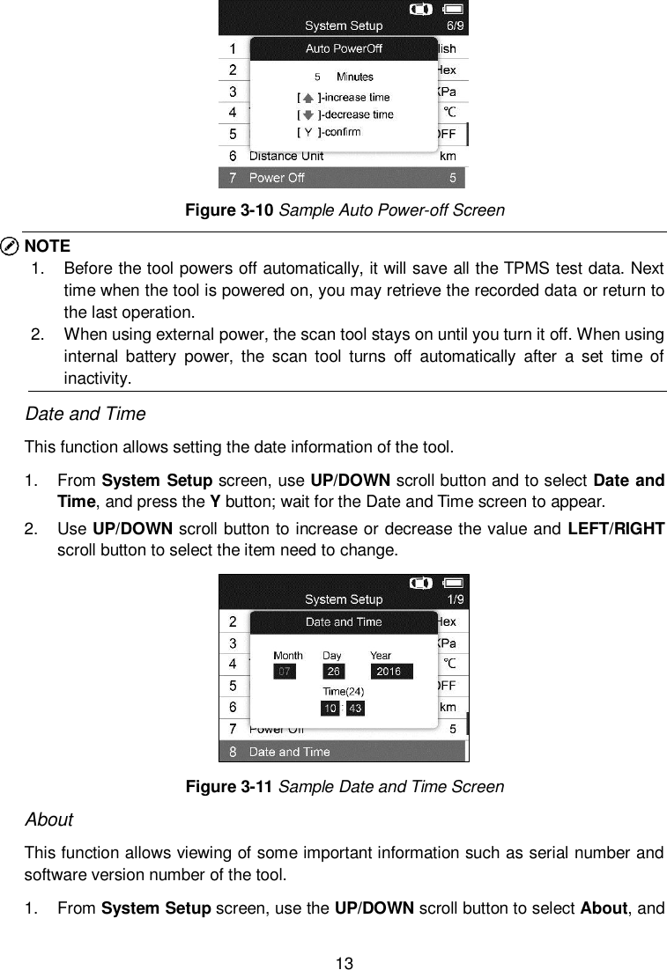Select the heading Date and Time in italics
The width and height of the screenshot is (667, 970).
[x=85, y=414]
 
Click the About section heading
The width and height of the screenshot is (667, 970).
[x=48, y=819]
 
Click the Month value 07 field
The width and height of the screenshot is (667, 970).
[x=284, y=672]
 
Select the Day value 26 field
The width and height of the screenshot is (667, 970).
[x=335, y=672]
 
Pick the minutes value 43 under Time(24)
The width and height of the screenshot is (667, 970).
[x=355, y=709]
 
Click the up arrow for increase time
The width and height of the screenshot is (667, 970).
[x=308, y=98]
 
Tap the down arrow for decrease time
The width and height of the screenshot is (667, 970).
[x=308, y=115]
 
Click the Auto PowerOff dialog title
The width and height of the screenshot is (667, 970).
[x=344, y=48]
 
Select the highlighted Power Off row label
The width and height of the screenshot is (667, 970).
[x=277, y=178]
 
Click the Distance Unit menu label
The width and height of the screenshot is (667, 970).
[x=286, y=157]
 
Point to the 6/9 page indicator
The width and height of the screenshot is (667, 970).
[x=456, y=26]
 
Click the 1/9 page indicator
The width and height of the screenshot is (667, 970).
[x=456, y=599]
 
